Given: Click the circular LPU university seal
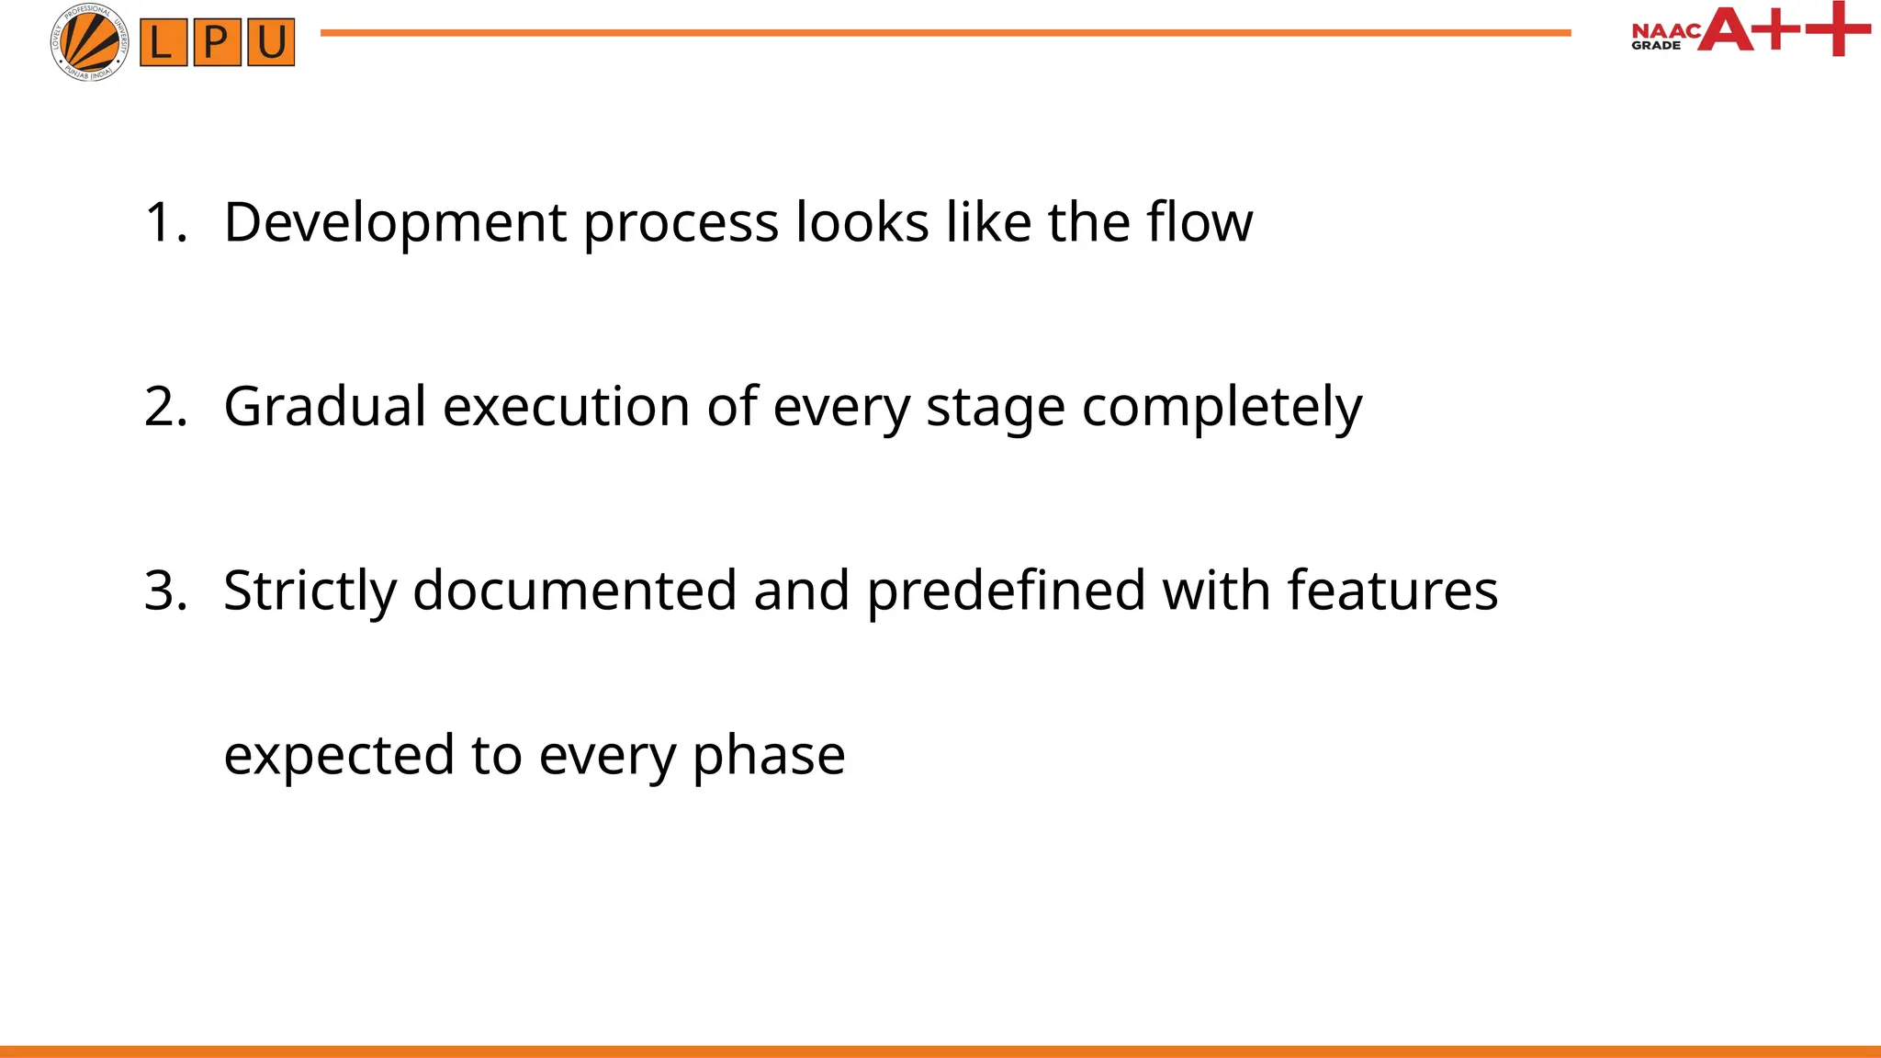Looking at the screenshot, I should click(x=89, y=42).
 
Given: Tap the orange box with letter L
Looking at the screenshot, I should click(x=163, y=43).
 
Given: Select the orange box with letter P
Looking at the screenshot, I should click(x=217, y=43).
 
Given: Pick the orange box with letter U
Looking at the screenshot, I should click(x=271, y=43).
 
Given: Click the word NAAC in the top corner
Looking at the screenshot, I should click(x=1665, y=30).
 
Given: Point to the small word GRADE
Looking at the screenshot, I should click(x=1655, y=45).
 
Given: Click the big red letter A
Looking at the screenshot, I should click(x=1725, y=29).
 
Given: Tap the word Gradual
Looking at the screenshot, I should click(x=325, y=406).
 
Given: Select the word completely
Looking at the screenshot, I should click(x=1222, y=408).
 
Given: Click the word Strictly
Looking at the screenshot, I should click(x=310, y=591).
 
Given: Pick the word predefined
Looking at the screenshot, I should click(x=1006, y=590).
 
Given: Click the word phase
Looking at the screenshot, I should click(x=769, y=757).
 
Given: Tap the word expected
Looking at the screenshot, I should click(x=339, y=757).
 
